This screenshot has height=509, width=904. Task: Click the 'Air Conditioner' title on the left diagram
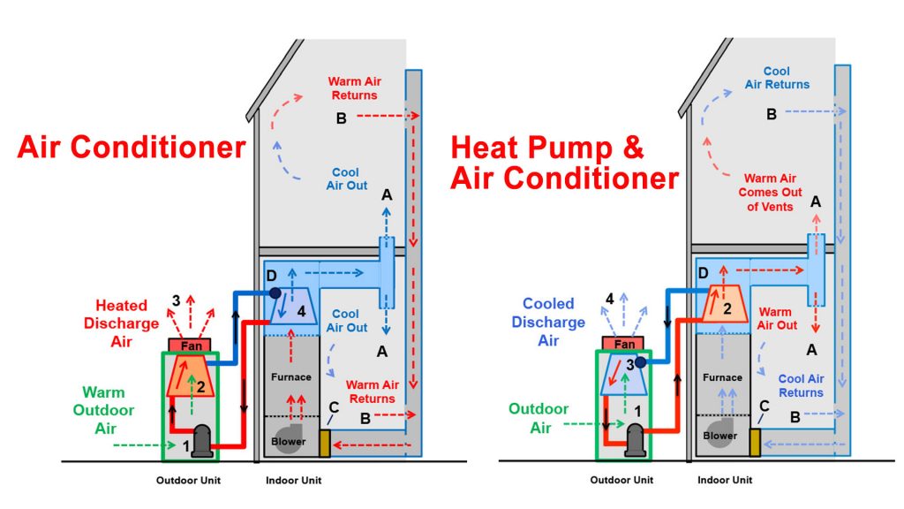coord(132,147)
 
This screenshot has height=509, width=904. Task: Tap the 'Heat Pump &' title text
coord(547,147)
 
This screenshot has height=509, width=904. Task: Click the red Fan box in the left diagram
coord(192,346)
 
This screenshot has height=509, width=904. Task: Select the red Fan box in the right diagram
coord(625,344)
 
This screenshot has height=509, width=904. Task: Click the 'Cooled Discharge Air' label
coord(548,322)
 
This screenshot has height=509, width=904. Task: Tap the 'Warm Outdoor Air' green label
coord(104,410)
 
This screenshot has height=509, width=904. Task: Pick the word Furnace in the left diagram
coord(291,377)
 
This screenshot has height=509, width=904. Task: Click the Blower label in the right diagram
coord(720,436)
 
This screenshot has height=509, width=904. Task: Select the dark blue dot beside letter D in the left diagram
coord(275,292)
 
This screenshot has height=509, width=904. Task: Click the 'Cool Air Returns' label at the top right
coord(776,78)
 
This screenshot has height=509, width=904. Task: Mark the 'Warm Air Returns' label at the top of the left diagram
coord(352,87)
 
